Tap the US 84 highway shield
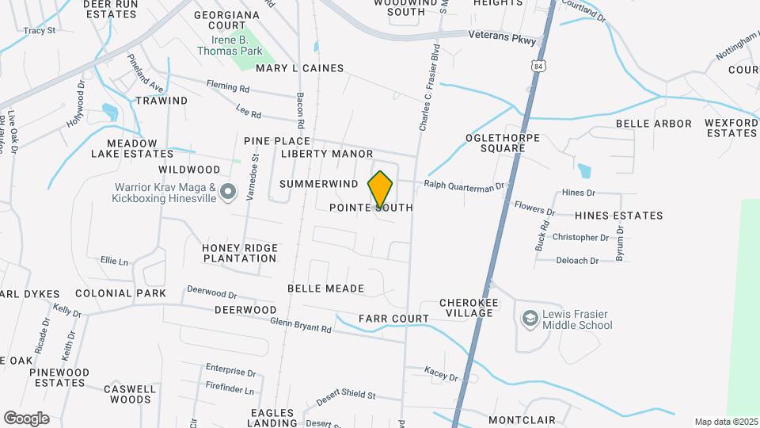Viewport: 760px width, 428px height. tap(539, 67)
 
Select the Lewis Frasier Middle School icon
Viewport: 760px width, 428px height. tap(529, 319)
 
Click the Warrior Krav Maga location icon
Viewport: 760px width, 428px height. tap(228, 192)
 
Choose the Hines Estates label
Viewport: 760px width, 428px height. tap(618, 216)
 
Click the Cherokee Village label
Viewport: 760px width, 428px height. tap(466, 308)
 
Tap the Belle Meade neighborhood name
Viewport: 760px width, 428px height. tap(325, 289)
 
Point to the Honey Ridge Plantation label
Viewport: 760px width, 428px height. tap(239, 253)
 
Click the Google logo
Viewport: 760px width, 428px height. tap(26, 418)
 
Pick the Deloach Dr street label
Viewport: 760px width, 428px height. tap(577, 260)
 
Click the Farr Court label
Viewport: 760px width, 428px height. tap(393, 319)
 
